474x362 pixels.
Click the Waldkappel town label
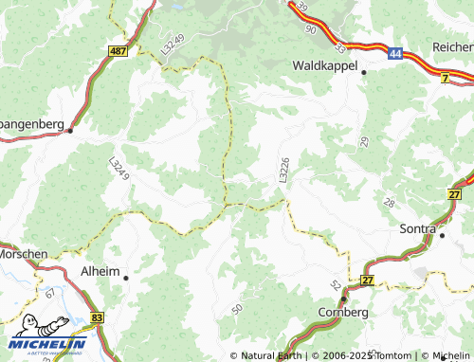pyautogui.click(x=324, y=66)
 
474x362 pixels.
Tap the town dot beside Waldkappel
pyautogui.click(x=362, y=73)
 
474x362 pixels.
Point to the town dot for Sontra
pyautogui.click(x=441, y=233)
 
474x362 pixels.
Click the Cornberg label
pyautogui.click(x=342, y=311)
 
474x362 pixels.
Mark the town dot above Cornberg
pyautogui.click(x=343, y=298)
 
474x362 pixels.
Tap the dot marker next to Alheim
pyautogui.click(x=125, y=277)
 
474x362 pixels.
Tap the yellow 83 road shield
pyautogui.click(x=98, y=317)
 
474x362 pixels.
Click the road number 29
pyautogui.click(x=364, y=141)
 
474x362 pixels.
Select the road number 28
pyautogui.click(x=390, y=204)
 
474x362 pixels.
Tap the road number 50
pyautogui.click(x=236, y=310)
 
